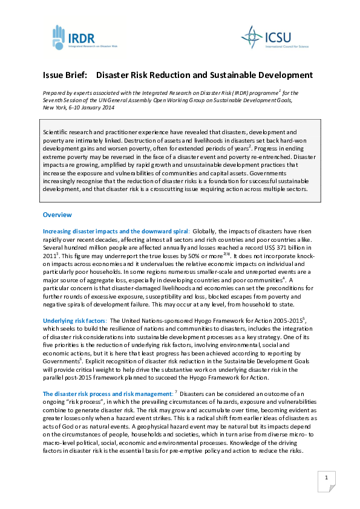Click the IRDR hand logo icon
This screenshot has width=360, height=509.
point(57,37)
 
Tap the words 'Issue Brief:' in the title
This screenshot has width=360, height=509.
point(65,76)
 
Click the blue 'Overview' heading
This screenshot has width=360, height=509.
point(57,215)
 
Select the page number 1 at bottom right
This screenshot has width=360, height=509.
point(326,479)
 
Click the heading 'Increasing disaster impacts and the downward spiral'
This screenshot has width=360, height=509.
point(116,231)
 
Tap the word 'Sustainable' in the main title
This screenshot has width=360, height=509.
point(231,76)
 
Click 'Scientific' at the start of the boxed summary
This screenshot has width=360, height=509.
point(57,132)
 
